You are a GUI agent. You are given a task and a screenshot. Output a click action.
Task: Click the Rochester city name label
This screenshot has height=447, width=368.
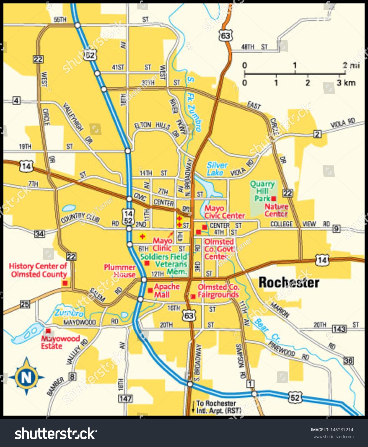point(288,282)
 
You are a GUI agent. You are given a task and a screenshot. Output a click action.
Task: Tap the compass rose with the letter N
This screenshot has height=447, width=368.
point(26,377)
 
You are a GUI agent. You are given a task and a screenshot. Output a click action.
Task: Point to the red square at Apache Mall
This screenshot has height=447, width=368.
point(150,291)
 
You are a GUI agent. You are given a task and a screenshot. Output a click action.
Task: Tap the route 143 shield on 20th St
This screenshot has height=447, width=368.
point(339,329)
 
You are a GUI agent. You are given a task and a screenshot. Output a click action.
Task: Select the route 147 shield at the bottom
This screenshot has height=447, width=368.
point(125,399)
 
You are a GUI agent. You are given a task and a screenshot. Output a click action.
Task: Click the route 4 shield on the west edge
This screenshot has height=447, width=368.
point(16,101)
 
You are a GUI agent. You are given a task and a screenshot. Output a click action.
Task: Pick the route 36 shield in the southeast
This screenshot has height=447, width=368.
point(348,361)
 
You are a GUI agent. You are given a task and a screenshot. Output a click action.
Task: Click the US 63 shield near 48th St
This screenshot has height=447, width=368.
point(225,36)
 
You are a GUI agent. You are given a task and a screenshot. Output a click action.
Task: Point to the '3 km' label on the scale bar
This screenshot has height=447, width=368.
point(346,83)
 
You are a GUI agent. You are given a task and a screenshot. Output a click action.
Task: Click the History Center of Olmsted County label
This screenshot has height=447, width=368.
point(38,270)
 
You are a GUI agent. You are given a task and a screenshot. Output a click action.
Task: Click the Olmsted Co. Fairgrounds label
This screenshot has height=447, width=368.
point(218,291)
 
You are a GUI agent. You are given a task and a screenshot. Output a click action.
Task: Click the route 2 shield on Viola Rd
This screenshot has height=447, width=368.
point(317,134)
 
